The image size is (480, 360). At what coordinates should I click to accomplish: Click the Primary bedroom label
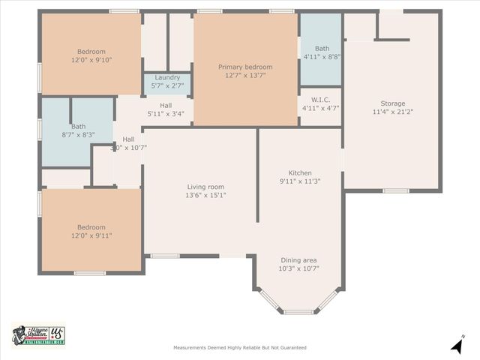(x=245, y=67)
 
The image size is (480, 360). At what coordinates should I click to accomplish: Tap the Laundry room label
(x=167, y=78)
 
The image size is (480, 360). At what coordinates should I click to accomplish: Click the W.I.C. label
(x=320, y=100)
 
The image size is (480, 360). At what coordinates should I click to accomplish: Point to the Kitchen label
(x=299, y=172)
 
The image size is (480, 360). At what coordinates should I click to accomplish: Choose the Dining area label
(x=298, y=260)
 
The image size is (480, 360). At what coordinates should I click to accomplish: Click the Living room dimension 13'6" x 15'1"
(x=205, y=195)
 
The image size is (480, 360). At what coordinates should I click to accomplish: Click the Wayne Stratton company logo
(x=38, y=336)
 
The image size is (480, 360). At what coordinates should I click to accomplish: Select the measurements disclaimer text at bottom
(x=239, y=348)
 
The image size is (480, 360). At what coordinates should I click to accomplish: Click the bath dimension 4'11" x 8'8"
(x=322, y=56)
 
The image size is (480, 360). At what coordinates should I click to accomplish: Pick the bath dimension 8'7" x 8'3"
(x=57, y=135)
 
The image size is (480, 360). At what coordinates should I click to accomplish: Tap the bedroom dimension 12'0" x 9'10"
(x=91, y=59)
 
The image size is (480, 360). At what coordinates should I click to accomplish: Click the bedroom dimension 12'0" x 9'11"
(x=91, y=235)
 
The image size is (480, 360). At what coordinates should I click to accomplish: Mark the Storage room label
(x=392, y=103)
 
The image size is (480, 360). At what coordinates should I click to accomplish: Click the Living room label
(x=205, y=187)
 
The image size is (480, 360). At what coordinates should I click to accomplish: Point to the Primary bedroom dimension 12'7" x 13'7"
(x=245, y=75)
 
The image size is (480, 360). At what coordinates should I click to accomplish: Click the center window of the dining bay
(x=299, y=312)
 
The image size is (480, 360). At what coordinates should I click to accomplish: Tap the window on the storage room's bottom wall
(x=395, y=190)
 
